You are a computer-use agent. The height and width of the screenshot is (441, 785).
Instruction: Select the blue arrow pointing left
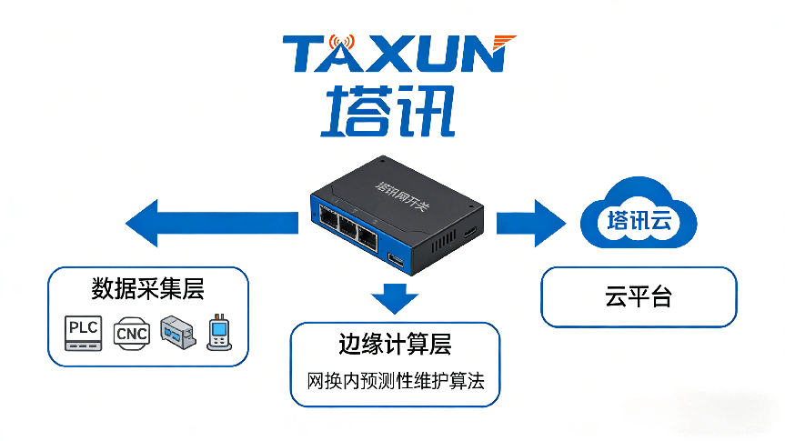pyautogui.click(x=211, y=223)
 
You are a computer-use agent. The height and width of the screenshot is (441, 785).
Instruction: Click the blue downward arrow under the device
pyautogui.click(x=394, y=297)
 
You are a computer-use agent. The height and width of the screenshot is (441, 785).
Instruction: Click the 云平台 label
pyautogui.click(x=638, y=297)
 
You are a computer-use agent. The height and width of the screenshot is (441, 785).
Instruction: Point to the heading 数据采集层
pyautogui.click(x=147, y=289)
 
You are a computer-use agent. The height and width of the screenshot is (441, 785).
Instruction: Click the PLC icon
pyautogui.click(x=82, y=332)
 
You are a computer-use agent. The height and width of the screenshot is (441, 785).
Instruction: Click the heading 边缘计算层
pyautogui.click(x=394, y=346)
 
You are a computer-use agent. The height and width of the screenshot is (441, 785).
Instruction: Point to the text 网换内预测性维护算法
pyautogui.click(x=394, y=377)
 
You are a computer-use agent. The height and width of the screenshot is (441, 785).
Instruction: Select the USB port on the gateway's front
pyautogui.click(x=398, y=262)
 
